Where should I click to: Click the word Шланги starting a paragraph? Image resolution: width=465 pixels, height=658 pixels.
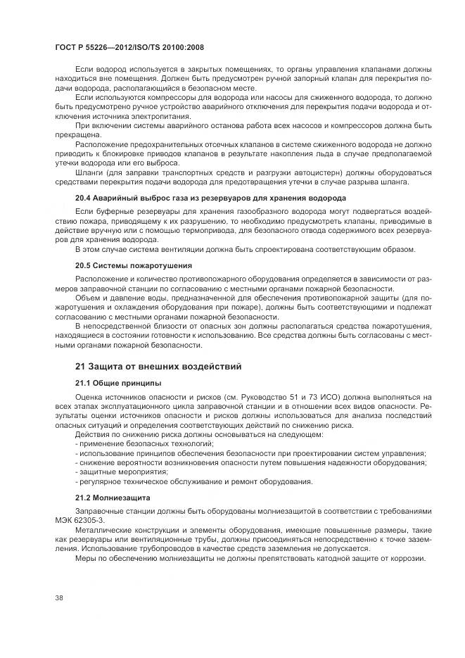click(89, 172)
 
